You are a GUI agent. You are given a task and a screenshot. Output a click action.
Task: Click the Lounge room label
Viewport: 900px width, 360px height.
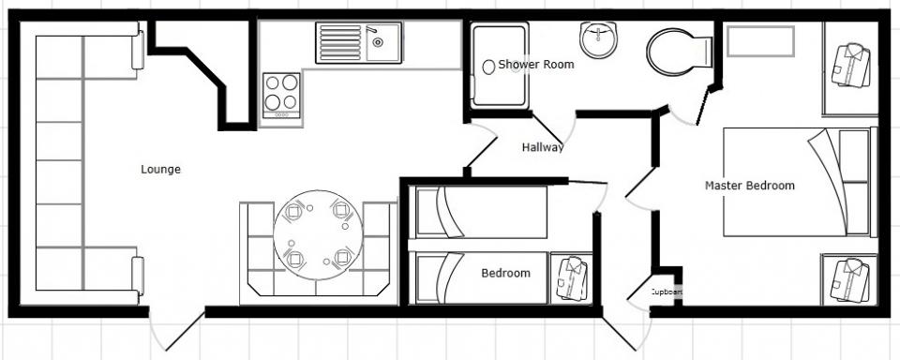coord(160,170)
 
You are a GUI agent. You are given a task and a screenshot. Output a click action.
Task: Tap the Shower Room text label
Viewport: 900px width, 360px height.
coord(536,65)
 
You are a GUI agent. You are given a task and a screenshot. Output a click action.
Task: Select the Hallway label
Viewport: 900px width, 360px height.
coord(543,147)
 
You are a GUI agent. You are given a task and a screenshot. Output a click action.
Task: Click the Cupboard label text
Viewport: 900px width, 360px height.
coord(666,292)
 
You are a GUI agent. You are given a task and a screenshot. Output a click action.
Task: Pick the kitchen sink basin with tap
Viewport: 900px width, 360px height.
coord(384,42)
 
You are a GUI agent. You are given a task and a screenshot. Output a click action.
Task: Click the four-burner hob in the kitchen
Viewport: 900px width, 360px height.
coord(281,96)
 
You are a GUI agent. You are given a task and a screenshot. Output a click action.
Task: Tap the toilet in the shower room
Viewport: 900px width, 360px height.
coord(680,52)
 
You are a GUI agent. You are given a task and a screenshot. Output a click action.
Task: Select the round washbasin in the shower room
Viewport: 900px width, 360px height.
coord(597,39)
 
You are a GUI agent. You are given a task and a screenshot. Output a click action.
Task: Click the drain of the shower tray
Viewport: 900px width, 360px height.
coord(488,67)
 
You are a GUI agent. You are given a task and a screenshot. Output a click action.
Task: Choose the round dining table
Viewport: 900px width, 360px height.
coord(318,234)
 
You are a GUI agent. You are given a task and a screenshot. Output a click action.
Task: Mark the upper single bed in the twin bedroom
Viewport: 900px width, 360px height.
coord(481,212)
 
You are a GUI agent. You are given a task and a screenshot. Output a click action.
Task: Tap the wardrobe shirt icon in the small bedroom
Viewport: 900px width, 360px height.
coord(572,278)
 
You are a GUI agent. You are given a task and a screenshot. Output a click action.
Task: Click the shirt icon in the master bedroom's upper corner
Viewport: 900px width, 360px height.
coord(851,66)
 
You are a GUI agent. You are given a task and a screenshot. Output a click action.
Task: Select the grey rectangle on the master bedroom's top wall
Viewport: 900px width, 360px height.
coord(760,41)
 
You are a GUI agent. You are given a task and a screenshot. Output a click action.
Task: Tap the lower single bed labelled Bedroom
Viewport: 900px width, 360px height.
coord(481,277)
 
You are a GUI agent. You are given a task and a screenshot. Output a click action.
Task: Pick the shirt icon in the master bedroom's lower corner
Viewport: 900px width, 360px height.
coord(850,280)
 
